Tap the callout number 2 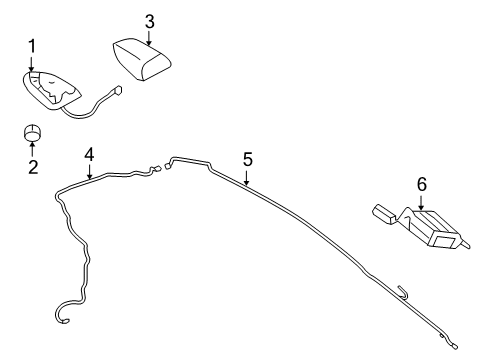pos(32,166)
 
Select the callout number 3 pos(149,20)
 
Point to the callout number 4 pos(89,154)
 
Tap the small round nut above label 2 pos(33,133)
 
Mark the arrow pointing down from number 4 pos(89,172)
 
